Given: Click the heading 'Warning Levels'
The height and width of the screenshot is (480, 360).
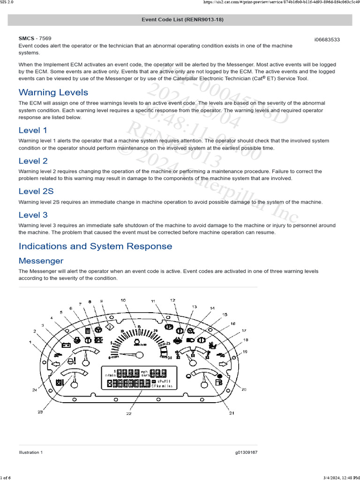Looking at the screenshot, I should click(53, 92).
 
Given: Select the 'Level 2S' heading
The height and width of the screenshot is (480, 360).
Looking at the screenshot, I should click(36, 191).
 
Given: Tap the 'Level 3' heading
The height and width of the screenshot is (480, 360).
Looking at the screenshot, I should click(33, 215).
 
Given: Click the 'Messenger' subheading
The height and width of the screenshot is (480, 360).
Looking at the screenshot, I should click(41, 261).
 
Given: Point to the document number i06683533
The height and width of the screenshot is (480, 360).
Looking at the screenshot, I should click(327, 39).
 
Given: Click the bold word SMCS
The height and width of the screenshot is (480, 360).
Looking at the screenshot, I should click(27, 38).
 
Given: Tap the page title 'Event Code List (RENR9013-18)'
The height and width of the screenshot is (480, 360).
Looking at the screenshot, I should click(180, 20).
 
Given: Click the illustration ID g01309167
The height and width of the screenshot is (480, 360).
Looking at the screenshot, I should click(246, 452).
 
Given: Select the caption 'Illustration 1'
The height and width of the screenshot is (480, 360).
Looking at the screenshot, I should click(30, 452).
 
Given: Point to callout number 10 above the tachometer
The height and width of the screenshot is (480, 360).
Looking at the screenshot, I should click(123, 300).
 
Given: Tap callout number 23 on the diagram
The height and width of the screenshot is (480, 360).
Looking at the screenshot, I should click(40, 412).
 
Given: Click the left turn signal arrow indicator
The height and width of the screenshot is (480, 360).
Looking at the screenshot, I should click(55, 363).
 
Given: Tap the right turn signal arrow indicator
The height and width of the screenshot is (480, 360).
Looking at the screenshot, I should click(223, 363).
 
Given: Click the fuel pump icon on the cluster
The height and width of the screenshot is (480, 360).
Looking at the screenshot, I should click(217, 382).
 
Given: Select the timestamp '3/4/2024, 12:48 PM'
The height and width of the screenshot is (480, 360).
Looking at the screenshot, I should click(341, 477).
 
